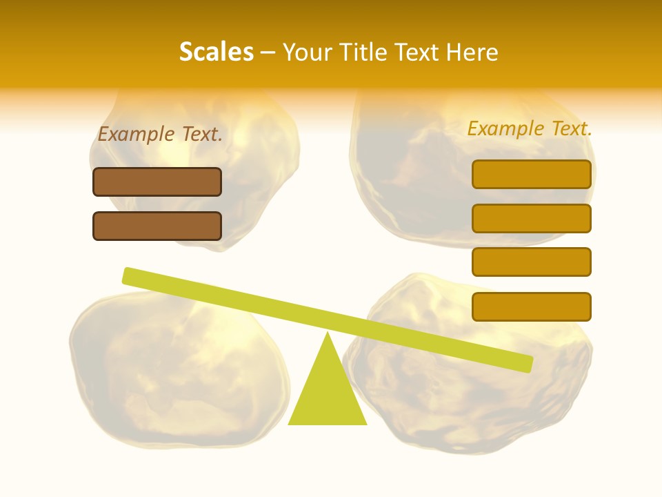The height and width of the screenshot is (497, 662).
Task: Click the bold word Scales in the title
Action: pyautogui.click(x=216, y=52)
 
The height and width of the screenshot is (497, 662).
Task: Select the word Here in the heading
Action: pyautogui.click(x=472, y=52)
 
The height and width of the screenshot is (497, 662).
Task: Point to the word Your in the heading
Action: pyautogui.click(x=308, y=52)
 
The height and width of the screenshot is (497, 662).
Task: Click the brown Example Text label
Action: pyautogui.click(x=160, y=134)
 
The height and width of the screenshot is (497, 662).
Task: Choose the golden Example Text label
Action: pyautogui.click(x=530, y=128)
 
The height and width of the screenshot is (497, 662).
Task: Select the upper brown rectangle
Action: pyautogui.click(x=157, y=182)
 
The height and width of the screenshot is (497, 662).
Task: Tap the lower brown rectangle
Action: pyautogui.click(x=157, y=226)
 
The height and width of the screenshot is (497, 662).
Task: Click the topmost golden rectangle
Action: pyautogui.click(x=531, y=174)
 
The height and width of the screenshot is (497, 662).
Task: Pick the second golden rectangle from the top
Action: pyautogui.click(x=531, y=218)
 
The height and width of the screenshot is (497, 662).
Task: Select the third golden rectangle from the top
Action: pyautogui.click(x=531, y=262)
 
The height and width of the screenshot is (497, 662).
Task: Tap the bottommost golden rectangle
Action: pyautogui.click(x=531, y=306)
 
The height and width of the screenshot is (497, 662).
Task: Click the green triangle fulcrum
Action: pyautogui.click(x=328, y=393)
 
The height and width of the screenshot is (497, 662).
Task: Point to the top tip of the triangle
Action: pyautogui.click(x=328, y=334)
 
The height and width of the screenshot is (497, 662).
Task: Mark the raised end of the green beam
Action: pyautogui.click(x=128, y=275)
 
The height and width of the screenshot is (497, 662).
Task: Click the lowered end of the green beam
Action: pyautogui.click(x=527, y=364)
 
